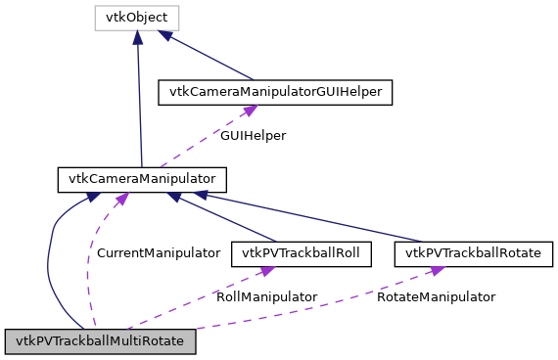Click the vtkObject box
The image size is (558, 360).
point(137,18)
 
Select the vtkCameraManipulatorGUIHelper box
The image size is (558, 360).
point(276,92)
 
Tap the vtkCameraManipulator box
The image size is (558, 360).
point(143,179)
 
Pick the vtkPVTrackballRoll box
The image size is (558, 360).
point(296,253)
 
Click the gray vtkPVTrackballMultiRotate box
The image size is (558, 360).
point(101,341)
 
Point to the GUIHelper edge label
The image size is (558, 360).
point(253,136)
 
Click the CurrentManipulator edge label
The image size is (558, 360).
point(158,252)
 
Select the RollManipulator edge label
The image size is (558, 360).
point(266,296)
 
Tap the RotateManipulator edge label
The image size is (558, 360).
point(436,296)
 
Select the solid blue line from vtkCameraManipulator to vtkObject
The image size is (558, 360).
point(140,98)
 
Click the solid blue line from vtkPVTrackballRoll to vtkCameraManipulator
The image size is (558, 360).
point(223,217)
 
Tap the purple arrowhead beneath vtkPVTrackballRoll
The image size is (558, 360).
point(264,271)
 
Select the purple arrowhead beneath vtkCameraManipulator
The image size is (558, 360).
point(120,199)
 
